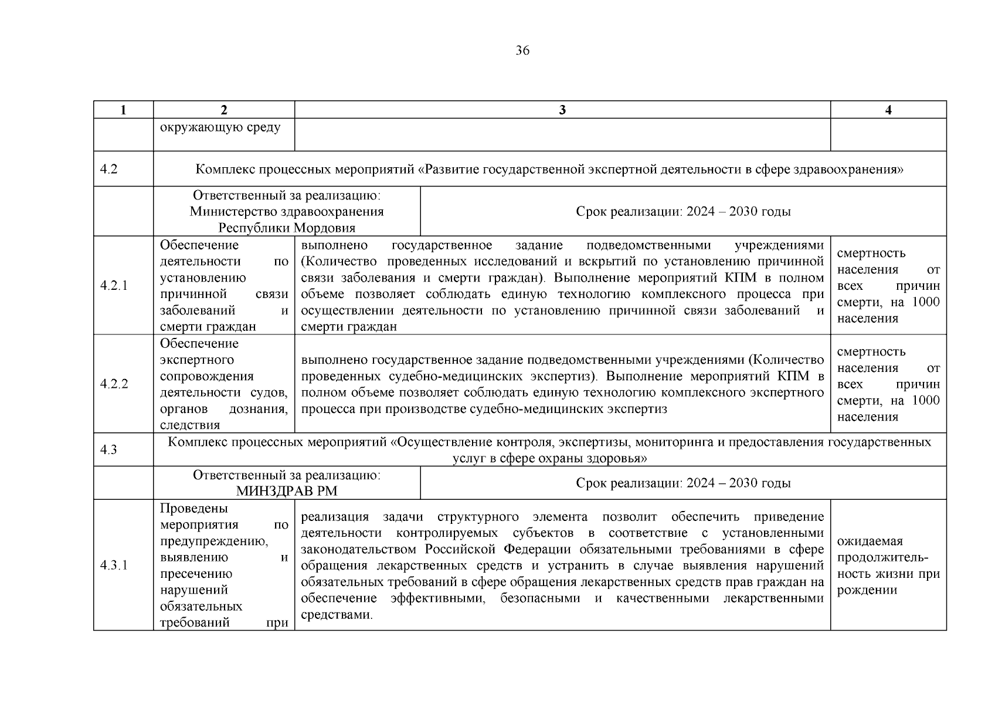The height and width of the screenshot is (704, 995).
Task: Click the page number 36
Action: tap(522, 51)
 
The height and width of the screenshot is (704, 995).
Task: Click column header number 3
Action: tap(562, 110)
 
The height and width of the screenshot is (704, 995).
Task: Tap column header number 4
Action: tap(888, 110)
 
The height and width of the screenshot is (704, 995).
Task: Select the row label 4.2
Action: tap(109, 170)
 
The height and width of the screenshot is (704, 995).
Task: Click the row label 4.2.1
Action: tap(114, 286)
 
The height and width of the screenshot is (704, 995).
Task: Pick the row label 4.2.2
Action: tap(114, 384)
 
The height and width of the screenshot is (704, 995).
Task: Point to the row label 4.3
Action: tap(109, 450)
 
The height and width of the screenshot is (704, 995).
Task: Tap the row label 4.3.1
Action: tap(114, 566)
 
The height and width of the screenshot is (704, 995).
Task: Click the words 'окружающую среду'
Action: tap(220, 127)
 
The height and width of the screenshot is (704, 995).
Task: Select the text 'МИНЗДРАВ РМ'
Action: tap(287, 491)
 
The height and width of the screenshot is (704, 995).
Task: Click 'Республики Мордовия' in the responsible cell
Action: tap(287, 228)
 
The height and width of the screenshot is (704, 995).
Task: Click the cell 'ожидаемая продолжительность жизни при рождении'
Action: tap(888, 566)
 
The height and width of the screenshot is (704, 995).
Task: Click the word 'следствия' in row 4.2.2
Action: tap(190, 425)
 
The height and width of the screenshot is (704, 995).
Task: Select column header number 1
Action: tap(123, 110)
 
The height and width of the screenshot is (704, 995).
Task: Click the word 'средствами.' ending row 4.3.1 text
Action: tap(337, 615)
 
